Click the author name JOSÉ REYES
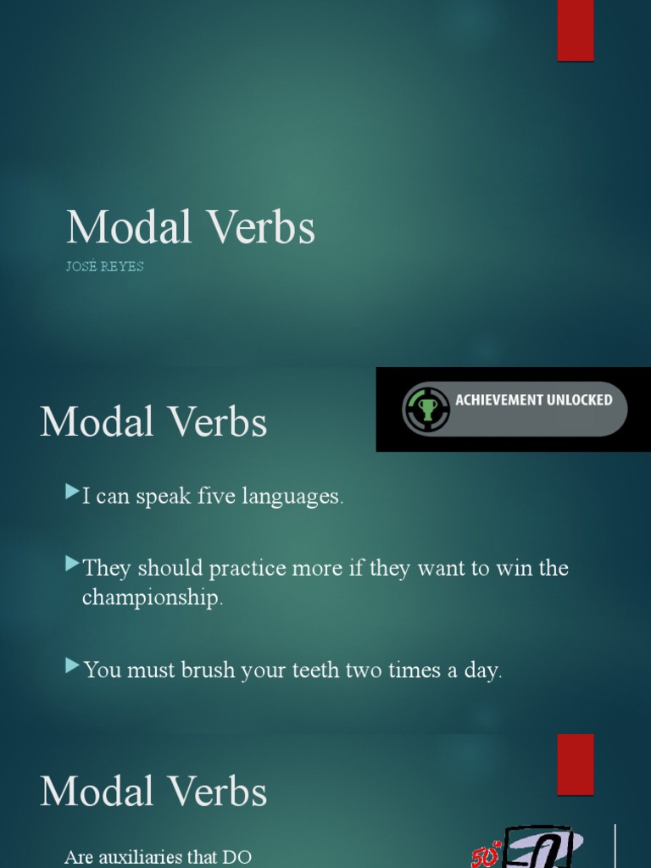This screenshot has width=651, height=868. (x=105, y=266)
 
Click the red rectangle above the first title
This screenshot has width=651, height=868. (x=575, y=31)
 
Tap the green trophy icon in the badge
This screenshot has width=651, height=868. (x=427, y=409)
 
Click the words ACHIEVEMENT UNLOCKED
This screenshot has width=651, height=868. (x=534, y=400)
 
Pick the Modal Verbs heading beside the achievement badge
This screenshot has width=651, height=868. (x=153, y=422)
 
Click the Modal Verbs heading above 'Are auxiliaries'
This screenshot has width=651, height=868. (x=153, y=792)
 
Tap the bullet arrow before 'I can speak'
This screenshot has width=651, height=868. (x=72, y=492)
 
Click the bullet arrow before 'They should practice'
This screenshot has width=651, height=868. (x=72, y=563)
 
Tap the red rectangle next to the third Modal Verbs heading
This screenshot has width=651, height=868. (x=575, y=764)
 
